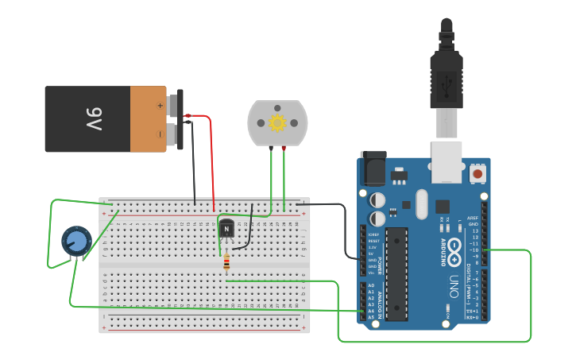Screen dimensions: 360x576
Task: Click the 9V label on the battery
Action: point(94,119)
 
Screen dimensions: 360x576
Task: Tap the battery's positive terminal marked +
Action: point(160,104)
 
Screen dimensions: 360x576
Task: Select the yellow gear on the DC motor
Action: point(277,122)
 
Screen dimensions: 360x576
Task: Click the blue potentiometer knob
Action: point(77,241)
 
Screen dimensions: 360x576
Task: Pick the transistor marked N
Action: point(226,229)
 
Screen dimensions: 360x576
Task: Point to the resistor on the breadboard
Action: point(226,261)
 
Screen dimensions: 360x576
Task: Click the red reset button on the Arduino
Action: point(477,173)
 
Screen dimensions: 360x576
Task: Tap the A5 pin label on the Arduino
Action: point(371,317)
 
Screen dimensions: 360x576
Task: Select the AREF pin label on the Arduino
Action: point(474,218)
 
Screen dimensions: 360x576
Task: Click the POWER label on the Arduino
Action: point(378,262)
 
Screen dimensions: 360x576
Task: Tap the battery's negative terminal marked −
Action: point(160,134)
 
